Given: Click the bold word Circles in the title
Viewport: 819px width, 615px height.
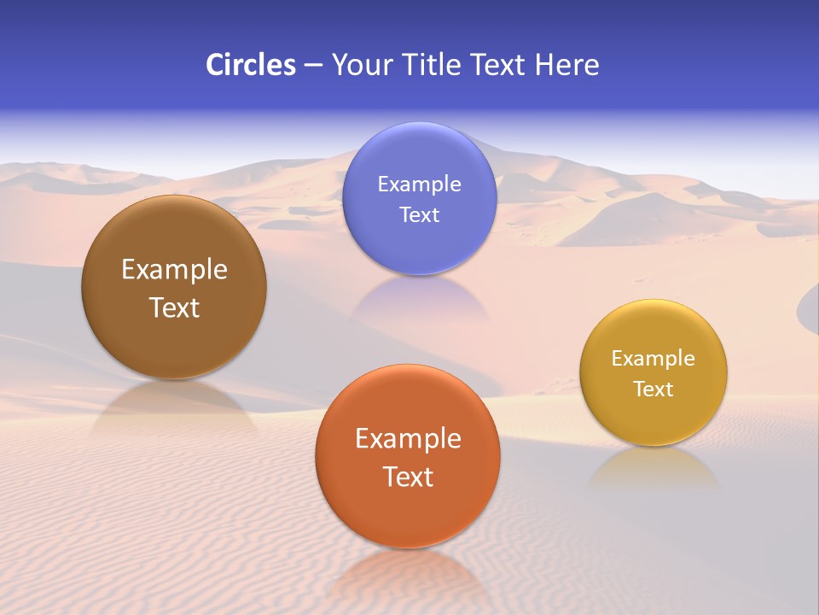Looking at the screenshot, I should (250, 65).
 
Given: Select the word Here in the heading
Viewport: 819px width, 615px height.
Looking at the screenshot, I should (566, 65).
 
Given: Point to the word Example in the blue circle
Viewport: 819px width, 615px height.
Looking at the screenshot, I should (419, 184).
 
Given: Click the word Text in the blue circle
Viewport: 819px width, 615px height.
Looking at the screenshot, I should (419, 214).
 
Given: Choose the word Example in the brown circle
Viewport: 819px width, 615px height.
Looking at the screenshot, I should (174, 269).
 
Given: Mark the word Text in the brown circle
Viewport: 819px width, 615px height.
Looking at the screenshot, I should (174, 307).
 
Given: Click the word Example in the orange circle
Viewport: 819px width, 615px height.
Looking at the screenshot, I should (408, 438).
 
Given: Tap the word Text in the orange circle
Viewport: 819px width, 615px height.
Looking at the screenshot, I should (408, 477).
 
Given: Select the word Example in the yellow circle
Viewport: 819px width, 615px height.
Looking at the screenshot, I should (653, 358).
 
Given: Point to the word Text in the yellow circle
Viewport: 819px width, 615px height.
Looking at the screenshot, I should (653, 389).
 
